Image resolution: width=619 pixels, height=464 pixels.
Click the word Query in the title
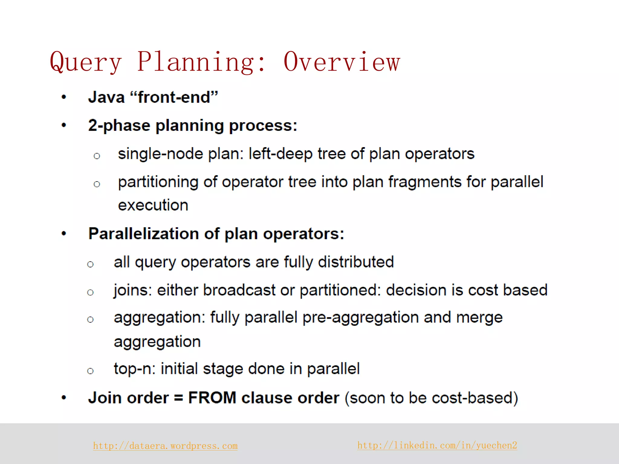coord(86,63)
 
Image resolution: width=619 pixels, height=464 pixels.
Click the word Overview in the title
coord(342,62)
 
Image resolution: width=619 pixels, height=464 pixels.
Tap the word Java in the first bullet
coord(106,97)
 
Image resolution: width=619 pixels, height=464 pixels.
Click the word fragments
coord(425,182)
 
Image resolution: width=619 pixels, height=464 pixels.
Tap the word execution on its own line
coord(153,205)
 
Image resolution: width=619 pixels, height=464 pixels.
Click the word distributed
coord(356,262)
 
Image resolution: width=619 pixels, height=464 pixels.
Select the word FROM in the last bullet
coord(212,398)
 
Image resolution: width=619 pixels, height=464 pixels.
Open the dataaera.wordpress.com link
coord(165,446)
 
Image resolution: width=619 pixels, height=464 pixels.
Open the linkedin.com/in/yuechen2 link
coord(437,445)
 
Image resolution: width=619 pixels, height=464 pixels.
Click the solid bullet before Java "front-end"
coord(64,97)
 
